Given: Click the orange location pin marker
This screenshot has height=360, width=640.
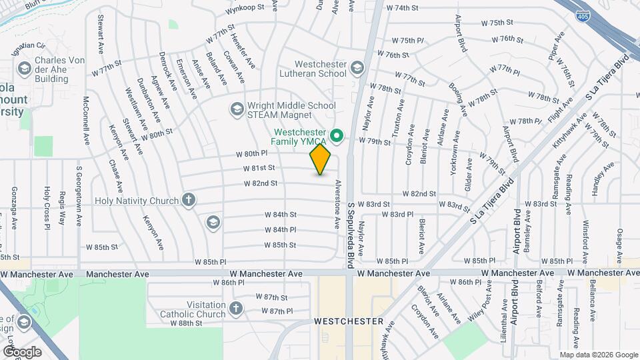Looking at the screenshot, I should tap(320, 159).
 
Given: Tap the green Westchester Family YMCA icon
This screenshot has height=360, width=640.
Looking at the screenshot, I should tap(337, 137).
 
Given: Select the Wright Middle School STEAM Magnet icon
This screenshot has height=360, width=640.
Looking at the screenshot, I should tap(237, 108).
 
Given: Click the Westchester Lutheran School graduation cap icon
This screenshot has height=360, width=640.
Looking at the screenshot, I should tap(357, 68).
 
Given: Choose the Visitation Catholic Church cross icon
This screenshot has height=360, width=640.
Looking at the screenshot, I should tap(235, 308).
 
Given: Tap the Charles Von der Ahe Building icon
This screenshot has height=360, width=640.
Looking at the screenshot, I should tap(25, 68).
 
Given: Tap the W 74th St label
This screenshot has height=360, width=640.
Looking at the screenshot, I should tap(402, 8).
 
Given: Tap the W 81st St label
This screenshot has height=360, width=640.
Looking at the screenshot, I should tap(259, 168).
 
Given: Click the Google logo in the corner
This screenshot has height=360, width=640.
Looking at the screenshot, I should tap(21, 351).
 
